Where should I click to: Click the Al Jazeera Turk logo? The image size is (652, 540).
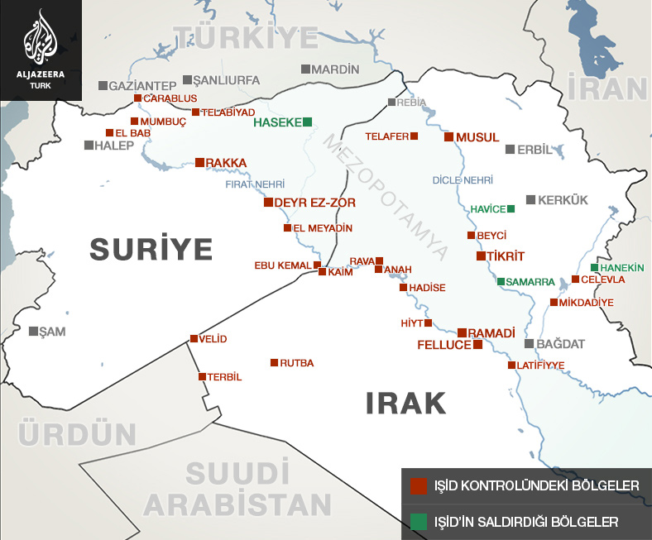41,50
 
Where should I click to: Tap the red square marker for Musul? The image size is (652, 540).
448,136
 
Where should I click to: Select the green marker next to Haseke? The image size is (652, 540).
308,122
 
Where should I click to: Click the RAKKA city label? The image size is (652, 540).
227,163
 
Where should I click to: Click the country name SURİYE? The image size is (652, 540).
151,248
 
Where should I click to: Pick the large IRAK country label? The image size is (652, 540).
405,404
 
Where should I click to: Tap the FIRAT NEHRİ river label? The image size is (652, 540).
255,184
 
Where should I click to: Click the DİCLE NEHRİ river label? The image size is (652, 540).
463,179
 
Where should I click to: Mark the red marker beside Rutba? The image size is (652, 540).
275,362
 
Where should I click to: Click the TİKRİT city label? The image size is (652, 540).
506,256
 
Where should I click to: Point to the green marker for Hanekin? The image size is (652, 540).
595,268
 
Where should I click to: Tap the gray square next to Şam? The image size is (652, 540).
33,331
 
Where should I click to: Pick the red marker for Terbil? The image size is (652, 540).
202,377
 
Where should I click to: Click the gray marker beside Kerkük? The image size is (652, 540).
530,200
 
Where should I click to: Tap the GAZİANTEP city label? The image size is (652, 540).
143,85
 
